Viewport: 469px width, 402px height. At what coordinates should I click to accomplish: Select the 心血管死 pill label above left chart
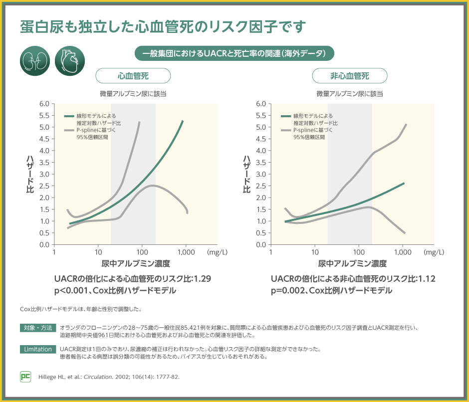[133, 76]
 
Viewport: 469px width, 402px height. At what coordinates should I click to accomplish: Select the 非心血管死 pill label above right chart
[350, 76]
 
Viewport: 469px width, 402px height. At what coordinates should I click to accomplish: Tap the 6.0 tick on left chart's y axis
[43, 104]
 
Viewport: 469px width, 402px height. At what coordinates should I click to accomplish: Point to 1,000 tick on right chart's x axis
[403, 252]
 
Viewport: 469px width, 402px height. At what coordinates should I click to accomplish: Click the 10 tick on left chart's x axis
[98, 252]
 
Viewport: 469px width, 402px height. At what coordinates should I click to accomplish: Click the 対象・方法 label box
[38, 328]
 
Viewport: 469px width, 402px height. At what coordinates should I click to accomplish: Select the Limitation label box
[38, 349]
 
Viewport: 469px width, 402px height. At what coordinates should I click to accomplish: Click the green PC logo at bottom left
[25, 377]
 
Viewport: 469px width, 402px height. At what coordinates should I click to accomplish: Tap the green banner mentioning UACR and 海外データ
[234, 53]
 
